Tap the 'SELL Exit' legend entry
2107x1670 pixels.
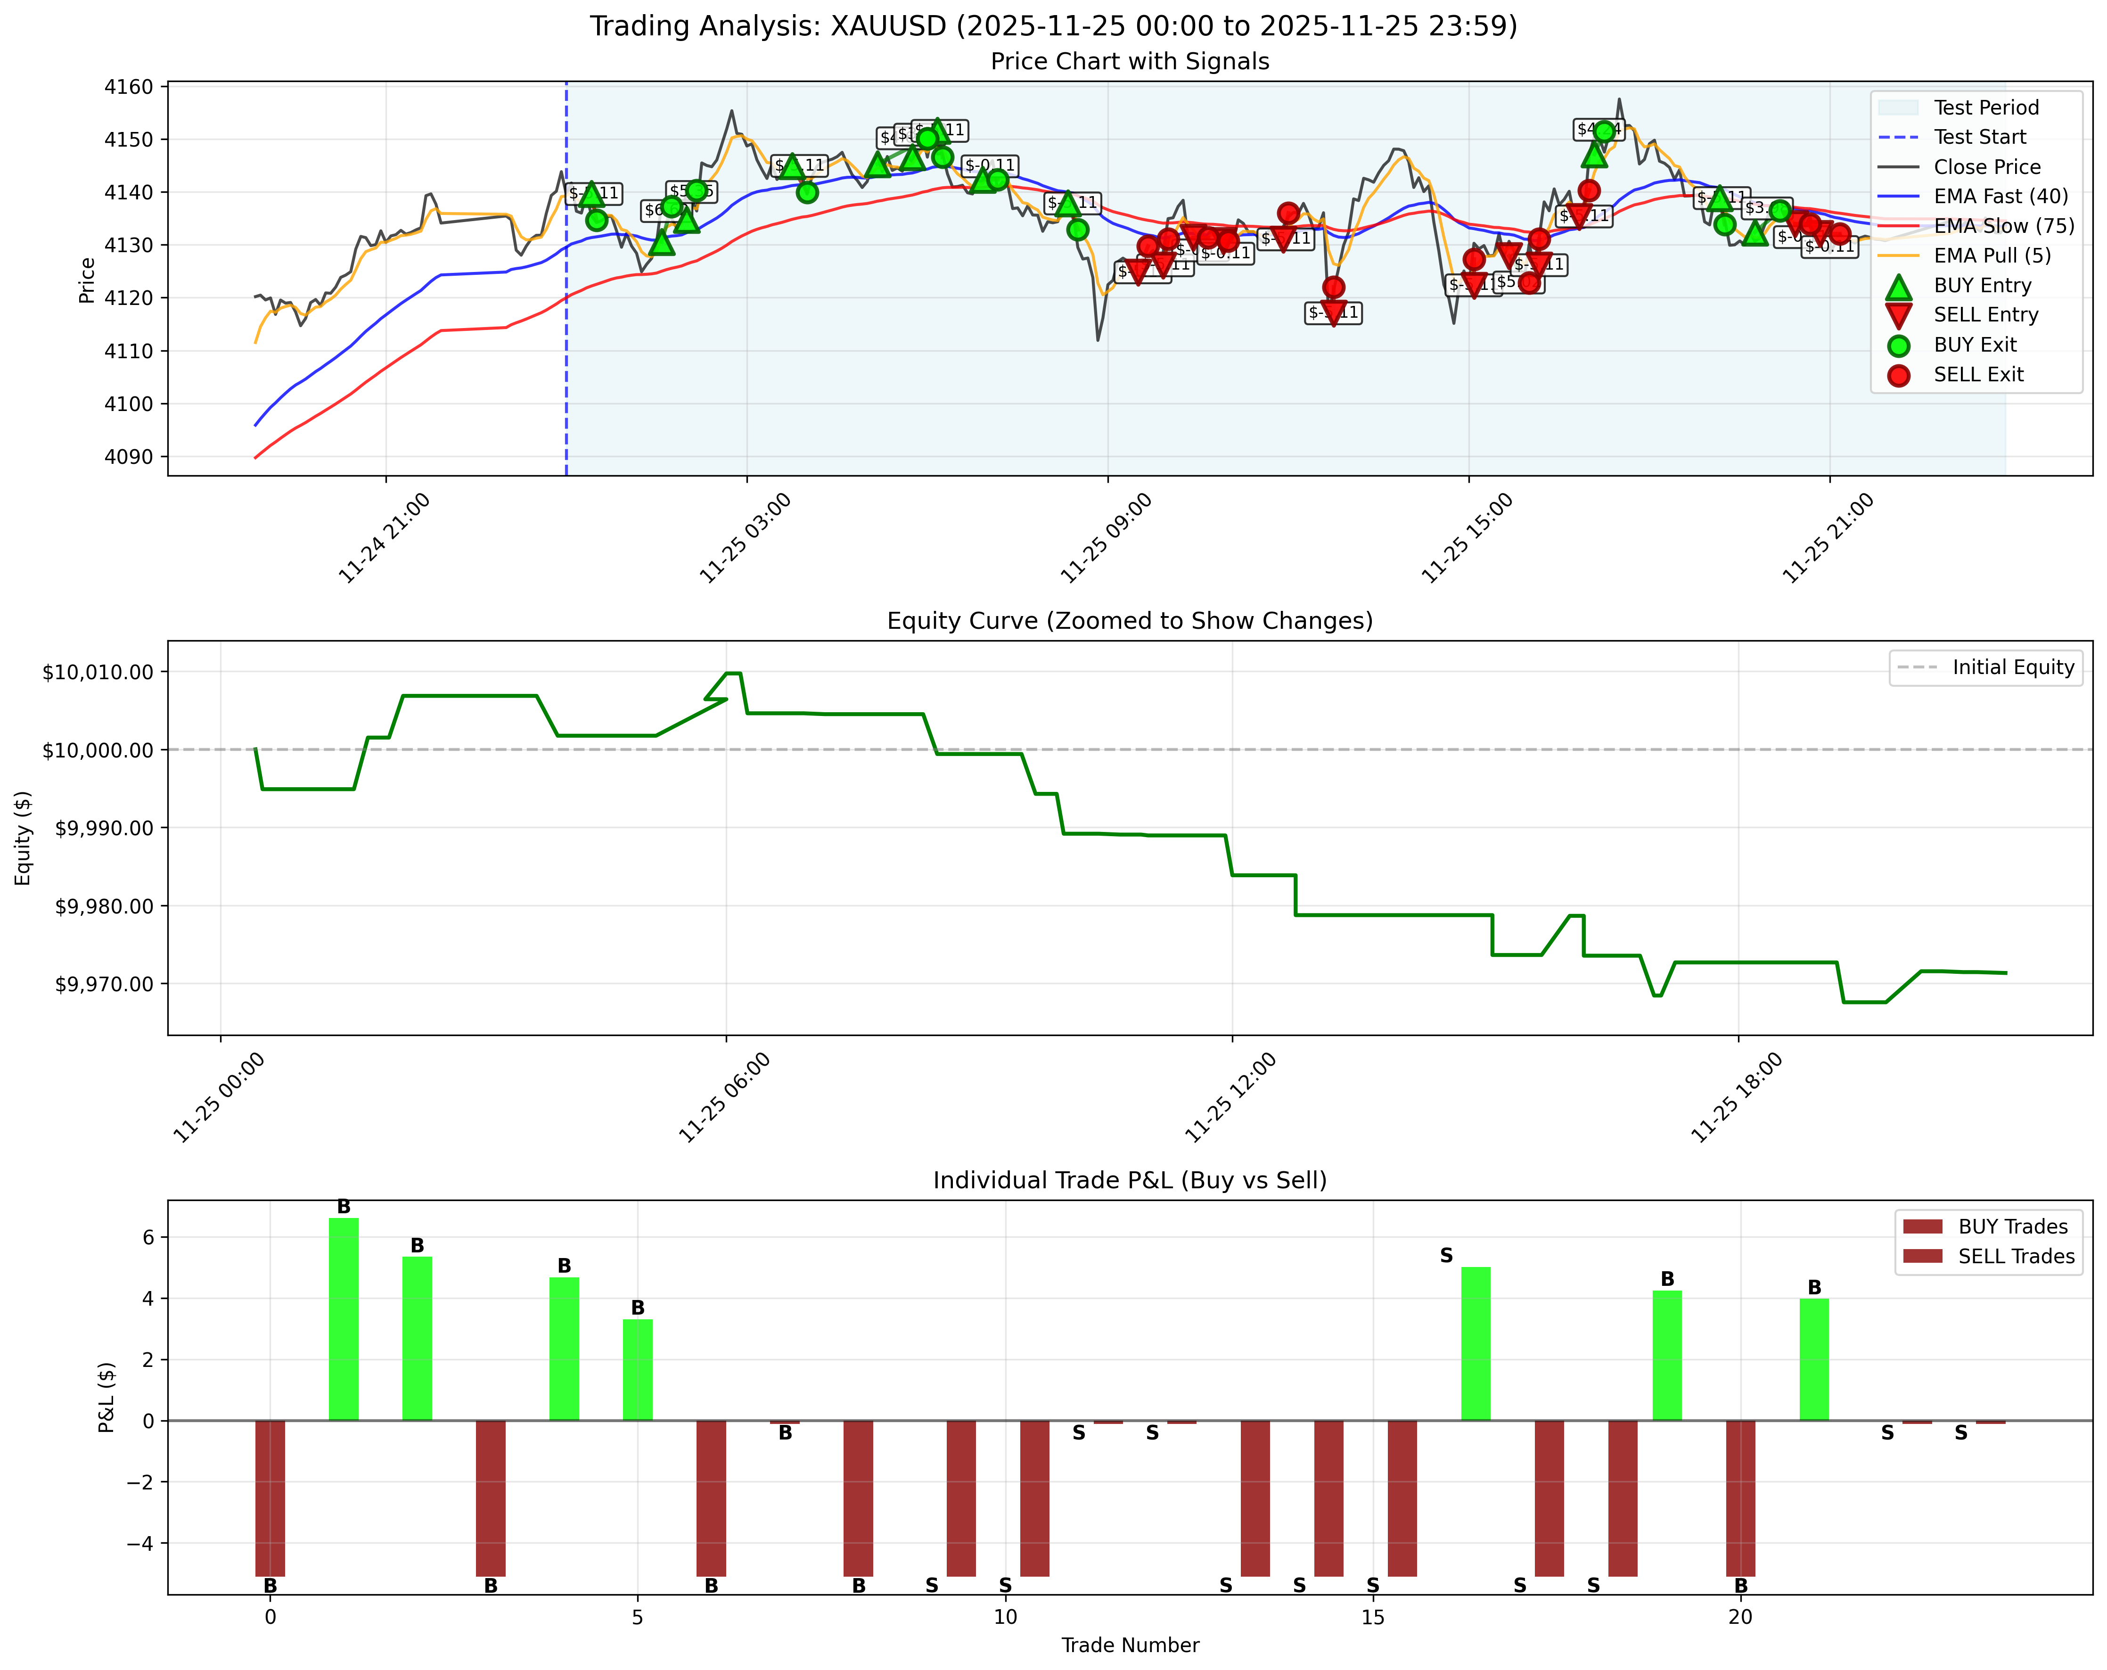click(1978, 374)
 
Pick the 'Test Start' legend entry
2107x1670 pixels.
click(1979, 137)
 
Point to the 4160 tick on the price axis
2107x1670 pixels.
click(128, 87)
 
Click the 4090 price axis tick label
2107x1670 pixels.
click(128, 456)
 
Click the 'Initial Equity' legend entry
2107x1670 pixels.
click(2012, 667)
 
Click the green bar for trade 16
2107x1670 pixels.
click(1476, 1344)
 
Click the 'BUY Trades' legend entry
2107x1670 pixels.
click(2012, 1226)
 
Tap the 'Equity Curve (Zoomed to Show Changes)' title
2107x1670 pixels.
click(1130, 622)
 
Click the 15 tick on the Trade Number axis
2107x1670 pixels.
click(1373, 1617)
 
